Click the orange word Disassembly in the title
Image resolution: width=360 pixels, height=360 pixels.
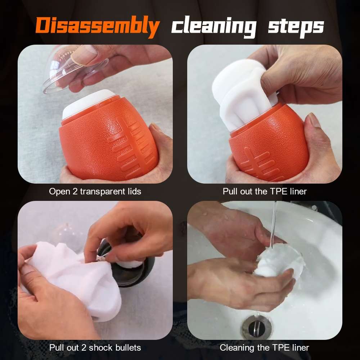pyautogui.click(x=98, y=26)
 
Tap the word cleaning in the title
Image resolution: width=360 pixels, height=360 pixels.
pyautogui.click(x=214, y=26)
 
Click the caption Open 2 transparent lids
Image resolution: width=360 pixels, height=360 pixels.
pyautogui.click(x=95, y=191)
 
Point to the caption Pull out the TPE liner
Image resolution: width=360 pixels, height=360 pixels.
pyautogui.click(x=265, y=191)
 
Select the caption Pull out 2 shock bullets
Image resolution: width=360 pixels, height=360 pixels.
pyautogui.click(x=95, y=348)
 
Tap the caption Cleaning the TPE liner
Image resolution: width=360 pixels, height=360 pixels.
pyautogui.click(x=265, y=348)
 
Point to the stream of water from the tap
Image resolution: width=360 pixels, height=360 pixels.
pyautogui.click(x=274, y=225)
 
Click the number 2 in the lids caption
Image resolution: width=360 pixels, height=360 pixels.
pyautogui.click(x=75, y=192)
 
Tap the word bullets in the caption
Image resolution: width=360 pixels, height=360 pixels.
pyautogui.click(x=128, y=348)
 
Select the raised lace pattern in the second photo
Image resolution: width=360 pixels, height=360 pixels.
pyautogui.click(x=262, y=164)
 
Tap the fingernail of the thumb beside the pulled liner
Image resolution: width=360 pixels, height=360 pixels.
pyautogui.click(x=314, y=120)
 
